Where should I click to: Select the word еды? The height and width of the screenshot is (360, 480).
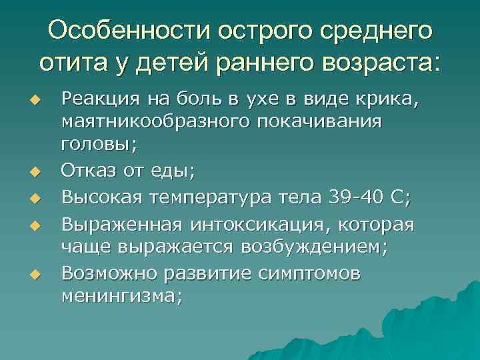pyautogui.click(x=177, y=171)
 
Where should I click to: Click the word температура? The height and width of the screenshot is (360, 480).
pyautogui.click(x=220, y=197)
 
